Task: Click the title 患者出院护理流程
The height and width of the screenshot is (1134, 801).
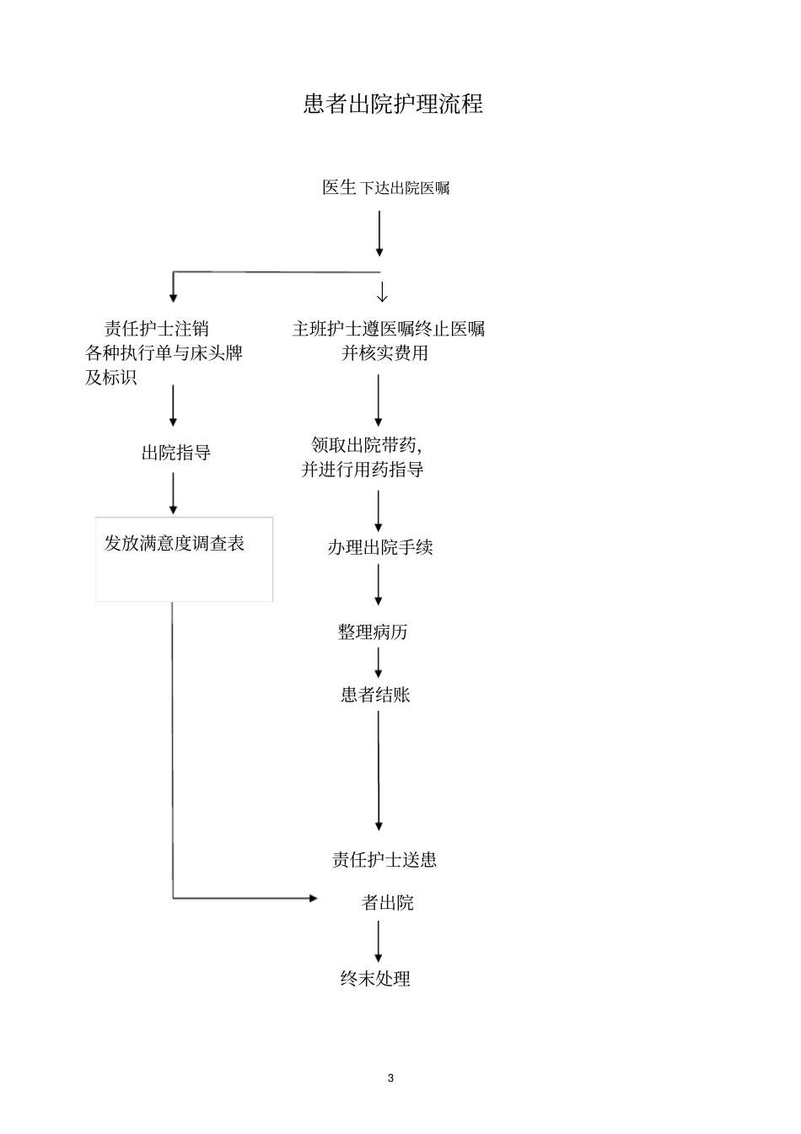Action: coord(393,104)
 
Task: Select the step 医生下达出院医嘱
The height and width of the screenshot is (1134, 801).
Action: coord(385,188)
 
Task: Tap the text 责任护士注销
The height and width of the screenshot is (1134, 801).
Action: coord(156,329)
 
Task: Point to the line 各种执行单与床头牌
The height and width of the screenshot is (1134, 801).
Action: coord(164,352)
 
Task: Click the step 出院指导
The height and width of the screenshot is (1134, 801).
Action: coord(175,453)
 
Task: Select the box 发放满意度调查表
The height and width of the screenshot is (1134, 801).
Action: coord(184,558)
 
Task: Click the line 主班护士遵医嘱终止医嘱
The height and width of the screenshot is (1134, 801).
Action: coord(388,329)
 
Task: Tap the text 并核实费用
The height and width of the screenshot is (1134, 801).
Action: coord(384,353)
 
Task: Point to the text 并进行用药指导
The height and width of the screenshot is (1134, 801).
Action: coord(363,470)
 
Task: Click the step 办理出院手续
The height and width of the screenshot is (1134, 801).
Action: coord(379,547)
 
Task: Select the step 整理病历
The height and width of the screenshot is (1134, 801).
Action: coord(373,631)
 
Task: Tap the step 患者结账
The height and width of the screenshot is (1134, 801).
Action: coord(375,695)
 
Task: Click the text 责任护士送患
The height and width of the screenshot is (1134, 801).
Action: coord(384,860)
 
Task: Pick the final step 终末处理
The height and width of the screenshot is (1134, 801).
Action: coord(375,979)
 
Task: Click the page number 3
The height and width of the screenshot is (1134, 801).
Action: coord(390,1078)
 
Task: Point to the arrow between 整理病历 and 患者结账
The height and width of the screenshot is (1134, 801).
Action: coord(378,663)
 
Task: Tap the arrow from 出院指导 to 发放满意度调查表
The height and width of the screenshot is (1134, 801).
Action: coord(174,493)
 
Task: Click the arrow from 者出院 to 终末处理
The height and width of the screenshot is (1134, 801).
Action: coord(378,941)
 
